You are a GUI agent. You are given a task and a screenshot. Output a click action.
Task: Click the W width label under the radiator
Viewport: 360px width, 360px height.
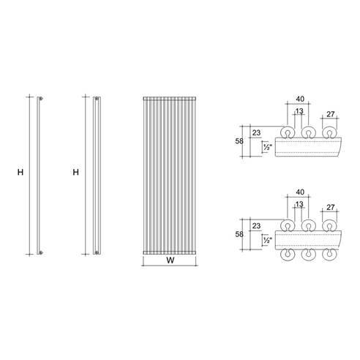point(170,260)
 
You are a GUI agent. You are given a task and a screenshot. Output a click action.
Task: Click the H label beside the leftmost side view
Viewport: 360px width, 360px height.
point(20,172)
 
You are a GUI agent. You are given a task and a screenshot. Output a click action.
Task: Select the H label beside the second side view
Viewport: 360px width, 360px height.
point(76,172)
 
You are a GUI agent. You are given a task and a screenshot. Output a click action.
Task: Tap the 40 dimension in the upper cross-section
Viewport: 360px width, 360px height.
point(300,99)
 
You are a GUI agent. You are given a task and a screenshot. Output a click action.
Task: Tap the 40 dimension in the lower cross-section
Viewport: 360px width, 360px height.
point(300,192)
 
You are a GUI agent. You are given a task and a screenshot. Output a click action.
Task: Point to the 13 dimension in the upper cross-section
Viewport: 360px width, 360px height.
point(299,111)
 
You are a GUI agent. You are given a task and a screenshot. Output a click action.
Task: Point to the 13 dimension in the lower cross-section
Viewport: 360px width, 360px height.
point(299,204)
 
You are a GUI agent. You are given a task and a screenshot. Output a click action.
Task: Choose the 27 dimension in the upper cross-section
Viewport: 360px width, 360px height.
point(331,114)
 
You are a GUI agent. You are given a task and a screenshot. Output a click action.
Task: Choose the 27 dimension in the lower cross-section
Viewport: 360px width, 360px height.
point(331,207)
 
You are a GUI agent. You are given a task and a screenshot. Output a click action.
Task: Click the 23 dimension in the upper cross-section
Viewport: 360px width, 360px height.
point(256,133)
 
